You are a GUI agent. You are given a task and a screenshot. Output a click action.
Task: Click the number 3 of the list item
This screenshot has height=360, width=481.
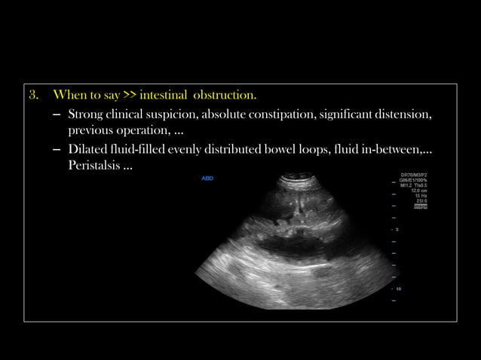(33, 96)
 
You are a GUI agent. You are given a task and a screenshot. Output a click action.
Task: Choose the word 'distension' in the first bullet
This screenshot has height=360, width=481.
(406, 114)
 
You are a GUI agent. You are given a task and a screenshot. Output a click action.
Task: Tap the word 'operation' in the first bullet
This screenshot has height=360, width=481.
(139, 131)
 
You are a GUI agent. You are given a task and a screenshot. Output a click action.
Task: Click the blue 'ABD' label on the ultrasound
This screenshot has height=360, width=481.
(207, 178)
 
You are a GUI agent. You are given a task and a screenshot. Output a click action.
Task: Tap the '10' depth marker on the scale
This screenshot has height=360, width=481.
(398, 288)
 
